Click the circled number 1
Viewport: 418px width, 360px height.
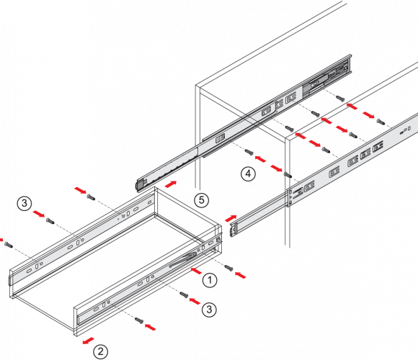(210, 280)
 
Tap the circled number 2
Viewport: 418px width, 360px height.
(100, 351)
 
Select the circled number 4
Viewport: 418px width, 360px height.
(248, 174)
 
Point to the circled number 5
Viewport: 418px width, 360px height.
(202, 199)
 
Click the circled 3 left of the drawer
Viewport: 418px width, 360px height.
(25, 204)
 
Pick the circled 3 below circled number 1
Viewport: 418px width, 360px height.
(209, 310)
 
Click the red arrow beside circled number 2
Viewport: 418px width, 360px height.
(88, 341)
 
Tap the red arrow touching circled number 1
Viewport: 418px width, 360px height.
(196, 271)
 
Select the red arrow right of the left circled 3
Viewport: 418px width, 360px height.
(39, 214)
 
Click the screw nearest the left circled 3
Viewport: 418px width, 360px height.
(50, 220)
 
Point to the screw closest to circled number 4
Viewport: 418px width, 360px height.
(249, 152)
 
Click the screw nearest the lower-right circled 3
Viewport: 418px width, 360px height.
(184, 294)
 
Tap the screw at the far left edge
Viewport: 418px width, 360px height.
(8, 244)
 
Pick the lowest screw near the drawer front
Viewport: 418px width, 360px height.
(139, 320)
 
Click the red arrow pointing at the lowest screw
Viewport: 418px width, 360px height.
(151, 327)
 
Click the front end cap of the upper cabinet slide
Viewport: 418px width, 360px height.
(141, 184)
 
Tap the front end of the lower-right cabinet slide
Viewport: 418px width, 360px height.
(234, 229)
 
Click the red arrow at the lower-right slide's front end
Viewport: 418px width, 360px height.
(231, 218)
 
